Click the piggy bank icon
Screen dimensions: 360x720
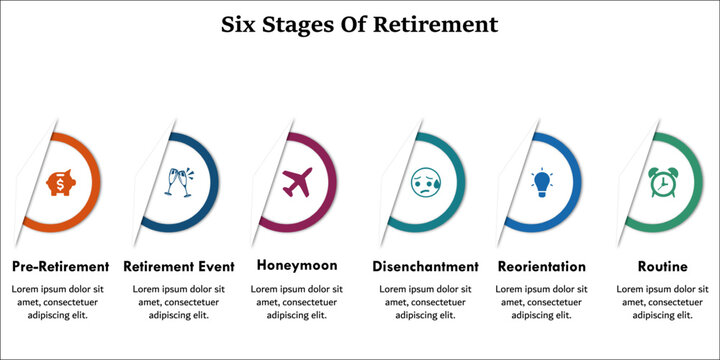[x=60, y=183]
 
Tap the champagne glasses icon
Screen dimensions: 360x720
[x=180, y=183]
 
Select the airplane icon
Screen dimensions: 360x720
[x=298, y=183]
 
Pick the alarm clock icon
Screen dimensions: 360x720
[x=661, y=182]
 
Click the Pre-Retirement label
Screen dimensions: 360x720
[x=60, y=267]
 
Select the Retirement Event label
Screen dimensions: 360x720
[x=179, y=267]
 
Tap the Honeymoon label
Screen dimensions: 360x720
[x=297, y=266]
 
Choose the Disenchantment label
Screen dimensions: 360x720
[x=425, y=267]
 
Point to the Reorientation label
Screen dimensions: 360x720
[x=541, y=267]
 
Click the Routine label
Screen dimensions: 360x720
[x=662, y=267]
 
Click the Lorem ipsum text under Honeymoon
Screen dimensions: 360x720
[x=297, y=302]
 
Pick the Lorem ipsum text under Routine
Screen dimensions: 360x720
[x=662, y=302]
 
